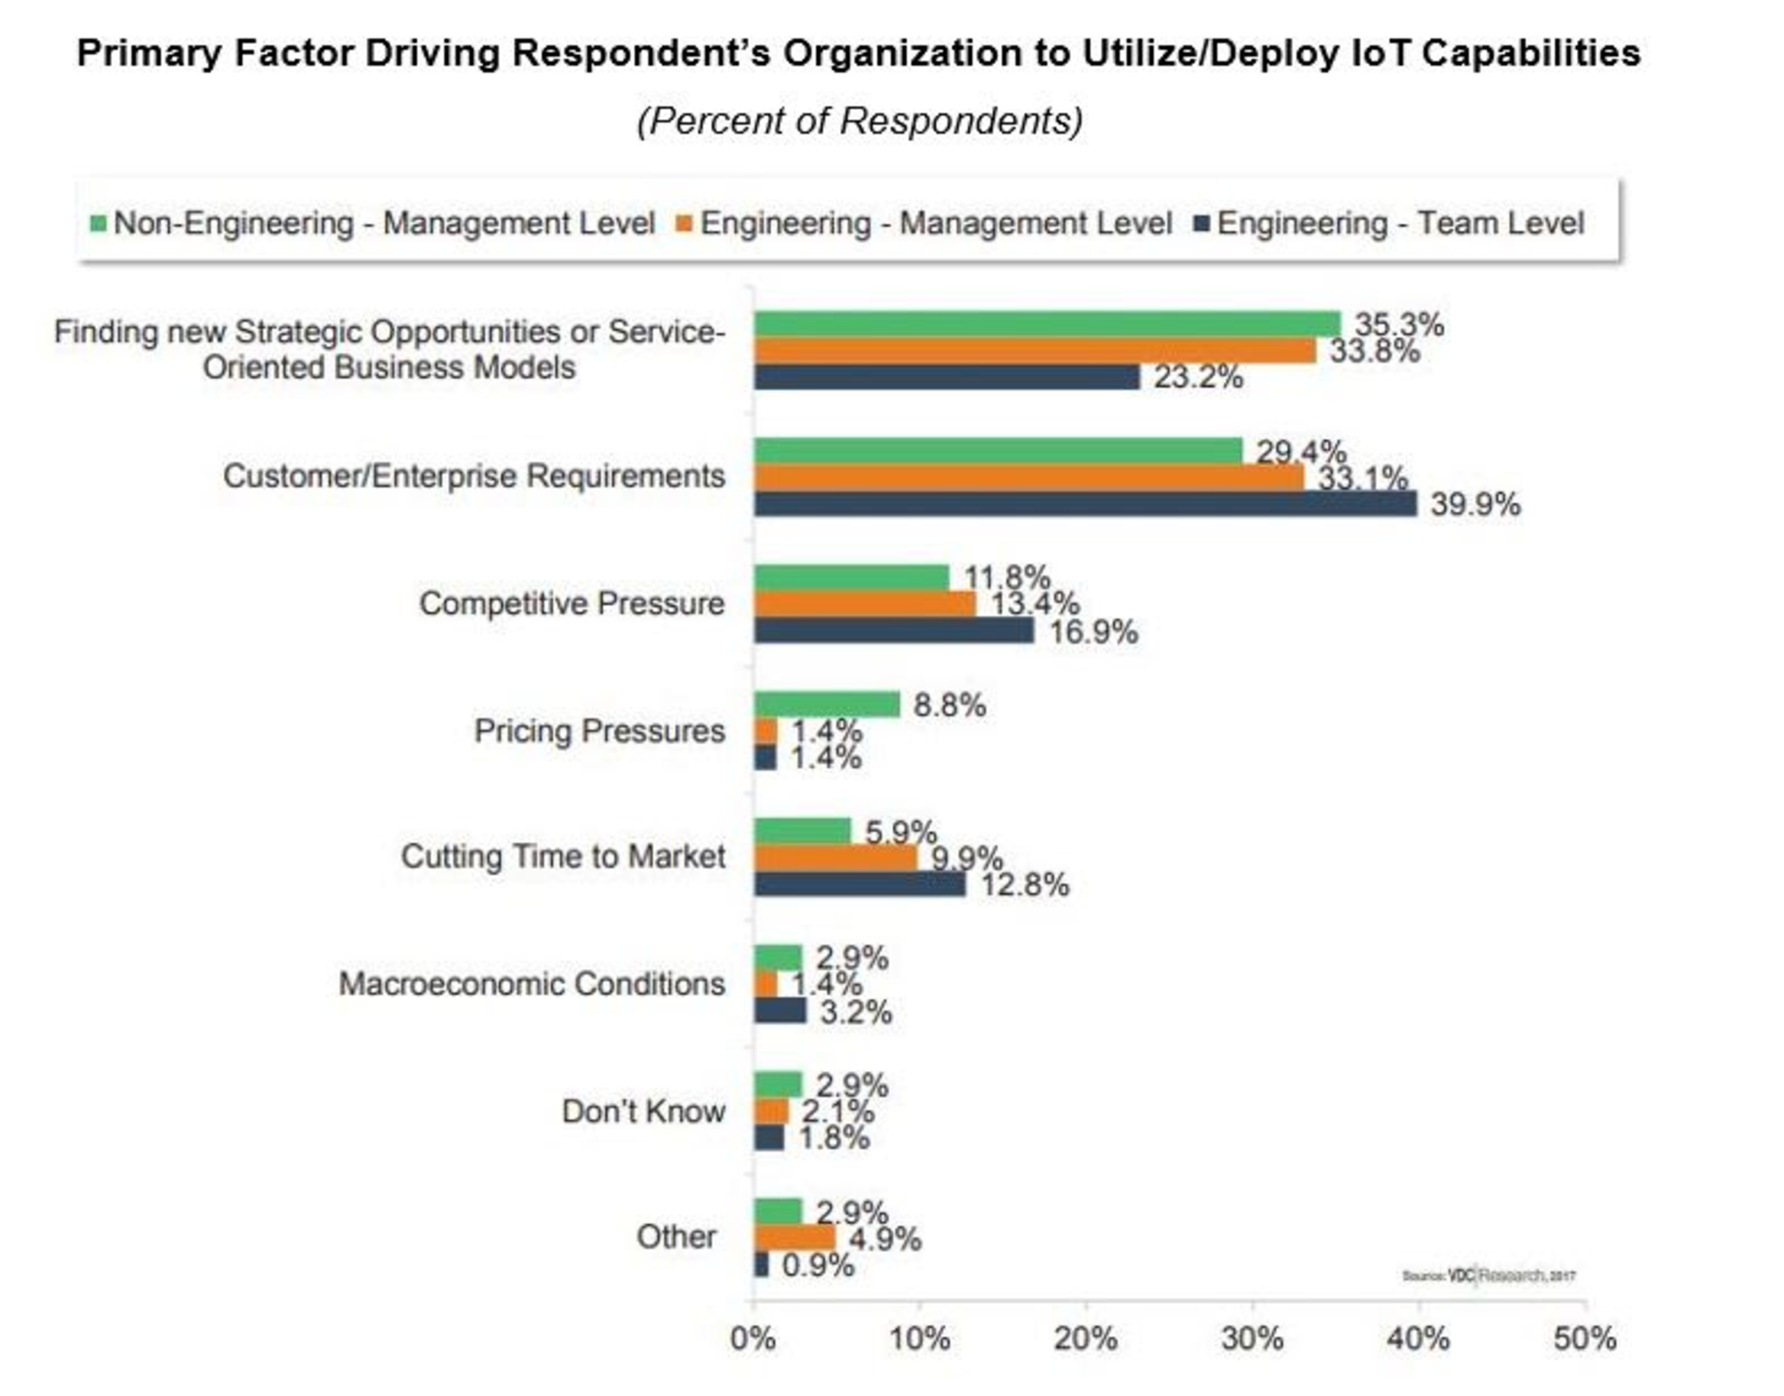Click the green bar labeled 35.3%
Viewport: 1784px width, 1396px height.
pyautogui.click(x=1047, y=324)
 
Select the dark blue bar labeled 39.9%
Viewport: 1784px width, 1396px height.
pyautogui.click(x=1084, y=504)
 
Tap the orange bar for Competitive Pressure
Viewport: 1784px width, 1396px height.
pyautogui.click(x=865, y=604)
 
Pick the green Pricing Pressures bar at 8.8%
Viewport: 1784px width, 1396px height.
pyautogui.click(x=827, y=704)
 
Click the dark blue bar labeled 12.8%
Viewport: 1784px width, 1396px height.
pyautogui.click(x=859, y=884)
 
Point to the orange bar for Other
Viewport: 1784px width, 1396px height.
pyautogui.click(x=794, y=1238)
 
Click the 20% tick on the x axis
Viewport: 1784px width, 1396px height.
pyautogui.click(x=1085, y=1338)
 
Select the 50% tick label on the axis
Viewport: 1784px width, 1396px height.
pyautogui.click(x=1584, y=1338)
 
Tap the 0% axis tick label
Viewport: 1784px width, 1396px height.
pyautogui.click(x=753, y=1338)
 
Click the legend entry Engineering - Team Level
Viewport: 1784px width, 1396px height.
pyautogui.click(x=1399, y=224)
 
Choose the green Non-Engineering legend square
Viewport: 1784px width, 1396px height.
pyautogui.click(x=98, y=224)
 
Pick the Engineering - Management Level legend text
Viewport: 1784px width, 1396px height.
pyautogui.click(x=935, y=224)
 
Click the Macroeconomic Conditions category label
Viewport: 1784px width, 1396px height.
pyautogui.click(x=531, y=984)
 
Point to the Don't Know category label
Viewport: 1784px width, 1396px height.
pyautogui.click(x=643, y=1111)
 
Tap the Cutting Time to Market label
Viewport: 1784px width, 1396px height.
pyautogui.click(x=563, y=856)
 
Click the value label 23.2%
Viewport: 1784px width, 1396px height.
pyautogui.click(x=1198, y=377)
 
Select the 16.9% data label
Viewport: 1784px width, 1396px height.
pyautogui.click(x=1093, y=633)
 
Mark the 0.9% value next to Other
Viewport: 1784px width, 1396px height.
pyautogui.click(x=818, y=1265)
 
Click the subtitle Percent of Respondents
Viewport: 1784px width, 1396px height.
pyautogui.click(x=859, y=122)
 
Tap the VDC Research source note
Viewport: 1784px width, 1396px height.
pyautogui.click(x=1489, y=1275)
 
